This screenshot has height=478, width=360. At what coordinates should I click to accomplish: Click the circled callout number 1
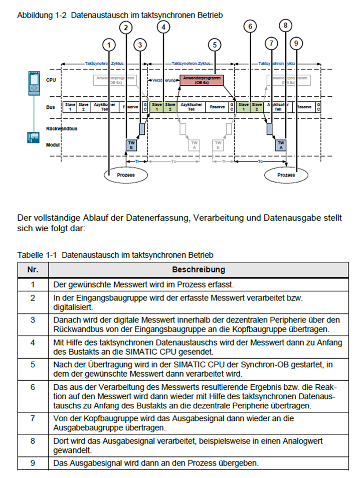[109, 44]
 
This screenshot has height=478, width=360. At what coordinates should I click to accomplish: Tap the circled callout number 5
[215, 44]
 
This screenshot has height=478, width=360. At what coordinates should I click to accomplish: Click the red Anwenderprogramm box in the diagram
[202, 80]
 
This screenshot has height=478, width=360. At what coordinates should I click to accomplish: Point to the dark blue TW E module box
[131, 144]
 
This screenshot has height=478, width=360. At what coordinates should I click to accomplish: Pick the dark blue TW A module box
[281, 144]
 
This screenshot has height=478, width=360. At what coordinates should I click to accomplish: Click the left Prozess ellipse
[126, 175]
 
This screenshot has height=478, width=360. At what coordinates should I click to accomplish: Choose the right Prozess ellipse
[286, 175]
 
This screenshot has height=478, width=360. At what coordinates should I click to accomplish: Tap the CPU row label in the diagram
[51, 80]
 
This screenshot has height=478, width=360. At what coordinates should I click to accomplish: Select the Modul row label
[53, 144]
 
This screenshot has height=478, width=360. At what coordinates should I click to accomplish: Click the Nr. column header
[33, 269]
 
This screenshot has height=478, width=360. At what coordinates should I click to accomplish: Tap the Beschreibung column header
[199, 269]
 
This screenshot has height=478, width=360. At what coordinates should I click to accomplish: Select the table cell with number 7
[33, 417]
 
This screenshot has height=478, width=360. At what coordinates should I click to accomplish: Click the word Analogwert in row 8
[302, 440]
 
